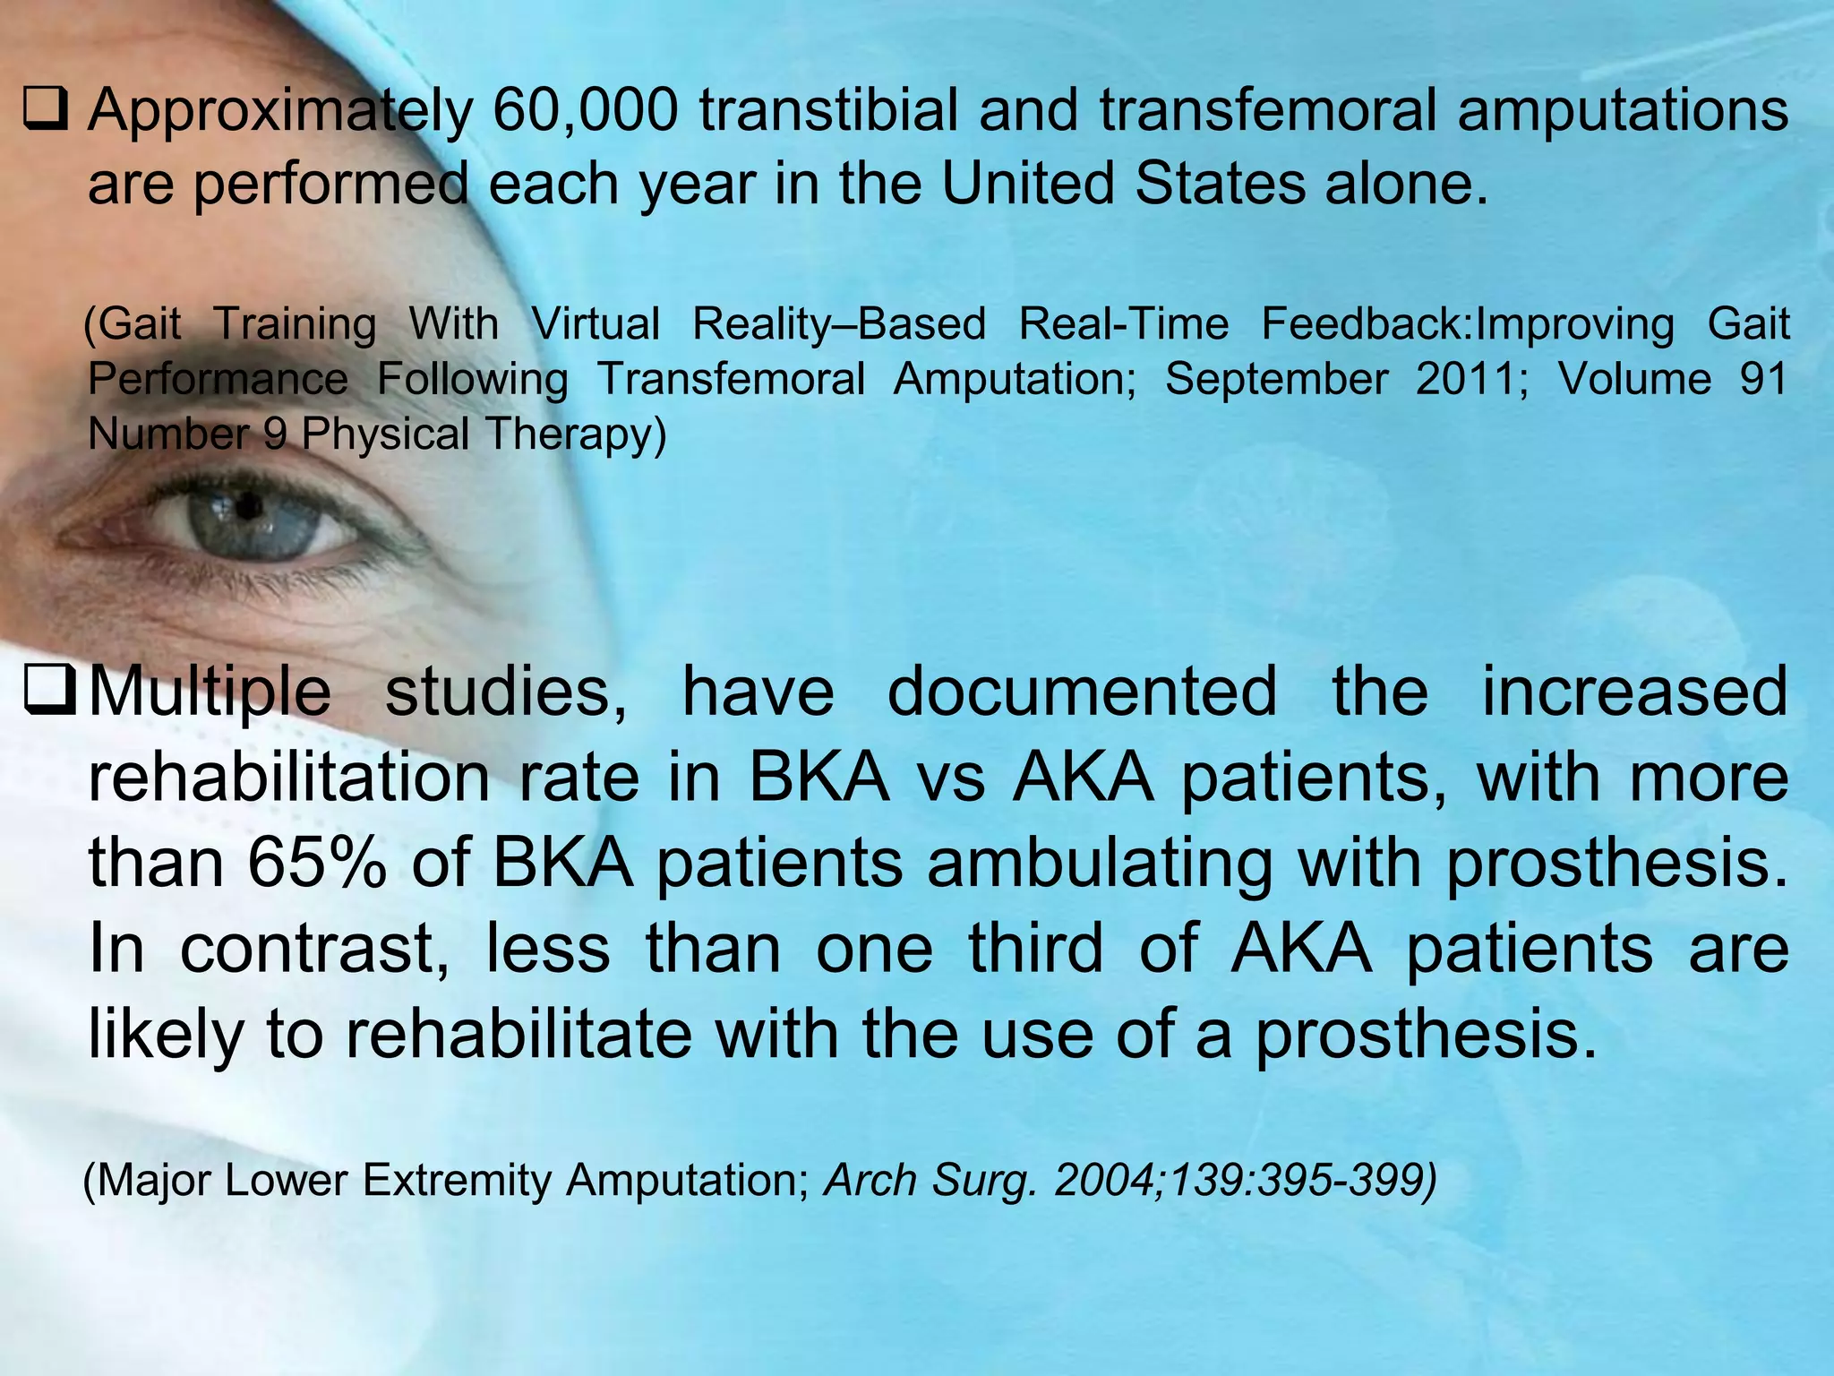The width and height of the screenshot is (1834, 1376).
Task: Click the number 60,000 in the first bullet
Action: [586, 111]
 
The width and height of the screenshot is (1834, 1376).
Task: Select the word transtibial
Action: [828, 111]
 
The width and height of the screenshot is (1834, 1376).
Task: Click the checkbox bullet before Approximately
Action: [46, 113]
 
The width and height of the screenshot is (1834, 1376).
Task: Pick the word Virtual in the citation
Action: [596, 324]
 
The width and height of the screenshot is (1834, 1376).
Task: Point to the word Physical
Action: [385, 435]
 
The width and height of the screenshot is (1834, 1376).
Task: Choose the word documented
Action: [1081, 692]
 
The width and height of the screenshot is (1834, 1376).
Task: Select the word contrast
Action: [313, 950]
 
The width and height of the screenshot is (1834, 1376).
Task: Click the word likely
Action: [165, 1036]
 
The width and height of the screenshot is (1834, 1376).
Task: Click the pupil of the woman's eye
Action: [248, 509]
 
